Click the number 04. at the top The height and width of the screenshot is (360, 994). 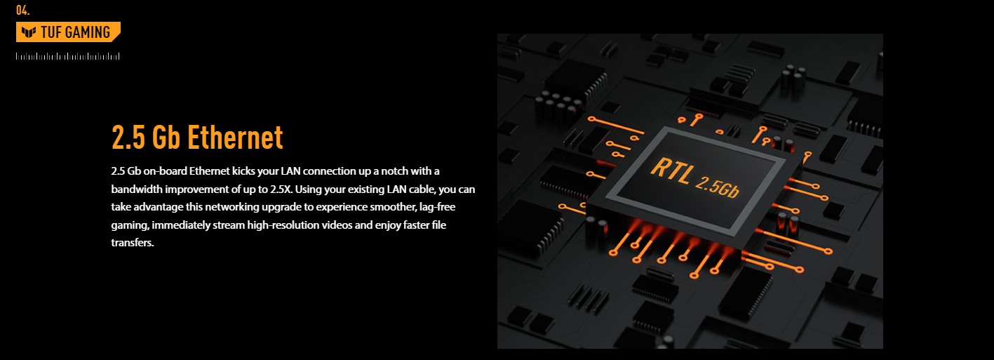point(23,10)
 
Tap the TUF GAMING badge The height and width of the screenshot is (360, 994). point(68,32)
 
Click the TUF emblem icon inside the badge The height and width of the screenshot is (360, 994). point(29,32)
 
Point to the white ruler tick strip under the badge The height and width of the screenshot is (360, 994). point(68,56)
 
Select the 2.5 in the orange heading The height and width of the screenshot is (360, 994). point(128,138)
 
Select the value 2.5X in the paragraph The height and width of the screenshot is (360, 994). point(281,189)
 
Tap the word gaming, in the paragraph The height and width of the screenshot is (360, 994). point(130,225)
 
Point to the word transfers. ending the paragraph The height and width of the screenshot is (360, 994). point(132,243)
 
